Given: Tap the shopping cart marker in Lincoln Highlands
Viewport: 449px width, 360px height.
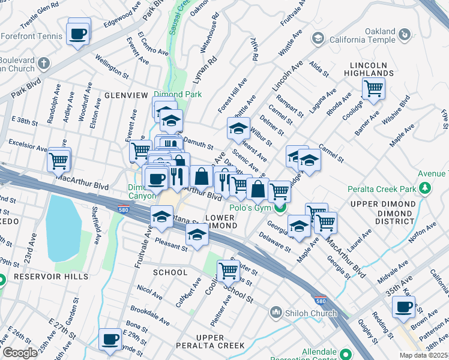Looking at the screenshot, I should click(x=373, y=89).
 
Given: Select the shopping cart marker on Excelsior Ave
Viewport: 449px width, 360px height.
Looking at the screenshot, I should click(x=59, y=160).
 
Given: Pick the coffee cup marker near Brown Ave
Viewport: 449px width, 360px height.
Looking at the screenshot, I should click(x=403, y=307).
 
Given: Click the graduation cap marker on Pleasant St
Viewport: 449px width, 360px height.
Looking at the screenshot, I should click(x=196, y=236).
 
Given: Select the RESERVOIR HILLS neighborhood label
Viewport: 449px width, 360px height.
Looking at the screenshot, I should click(x=51, y=277).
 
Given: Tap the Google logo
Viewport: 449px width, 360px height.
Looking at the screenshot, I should click(x=19, y=353).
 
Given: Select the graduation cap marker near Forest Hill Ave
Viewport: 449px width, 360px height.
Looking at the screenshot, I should click(x=238, y=128).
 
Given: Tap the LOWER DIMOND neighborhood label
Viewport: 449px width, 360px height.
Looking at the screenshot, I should click(x=221, y=221).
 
